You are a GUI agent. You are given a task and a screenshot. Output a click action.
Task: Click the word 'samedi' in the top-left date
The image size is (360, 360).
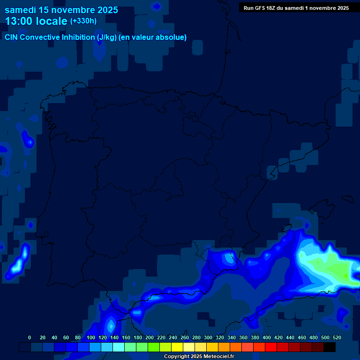coord(21,10)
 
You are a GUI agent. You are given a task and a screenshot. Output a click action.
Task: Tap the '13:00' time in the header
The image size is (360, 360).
coord(19,21)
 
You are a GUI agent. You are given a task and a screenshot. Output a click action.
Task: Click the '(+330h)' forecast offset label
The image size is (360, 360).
coord(83,21)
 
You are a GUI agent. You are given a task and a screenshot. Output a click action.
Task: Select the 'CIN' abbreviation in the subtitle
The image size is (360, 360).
coord(11,37)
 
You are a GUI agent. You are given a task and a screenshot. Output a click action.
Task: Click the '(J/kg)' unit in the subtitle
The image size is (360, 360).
coord(106,37)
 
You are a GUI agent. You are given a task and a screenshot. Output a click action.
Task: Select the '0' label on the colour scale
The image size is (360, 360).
coord(30,337)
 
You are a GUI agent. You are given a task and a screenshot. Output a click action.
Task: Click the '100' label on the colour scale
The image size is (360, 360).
coord(91,337)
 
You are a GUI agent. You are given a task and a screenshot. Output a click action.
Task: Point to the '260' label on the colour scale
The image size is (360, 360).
coord(185,337)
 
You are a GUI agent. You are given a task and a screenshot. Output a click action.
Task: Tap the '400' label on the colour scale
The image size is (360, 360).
coord(267,337)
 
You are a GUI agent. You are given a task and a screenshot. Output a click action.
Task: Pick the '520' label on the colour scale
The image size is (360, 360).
coord(337,337)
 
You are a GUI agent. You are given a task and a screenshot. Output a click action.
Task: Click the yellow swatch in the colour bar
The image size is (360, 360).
coord(177,347)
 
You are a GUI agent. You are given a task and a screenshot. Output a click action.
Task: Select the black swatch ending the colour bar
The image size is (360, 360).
coord(330,347)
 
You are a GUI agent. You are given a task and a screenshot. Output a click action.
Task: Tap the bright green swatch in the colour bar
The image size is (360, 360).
coord(154,347)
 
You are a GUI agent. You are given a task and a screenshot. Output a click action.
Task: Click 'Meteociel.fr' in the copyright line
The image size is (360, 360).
coord(218,357)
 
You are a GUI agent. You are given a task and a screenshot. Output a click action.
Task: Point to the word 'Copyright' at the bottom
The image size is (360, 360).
coord(176,357)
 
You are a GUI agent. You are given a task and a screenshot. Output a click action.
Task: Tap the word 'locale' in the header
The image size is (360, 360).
coord(52,21)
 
